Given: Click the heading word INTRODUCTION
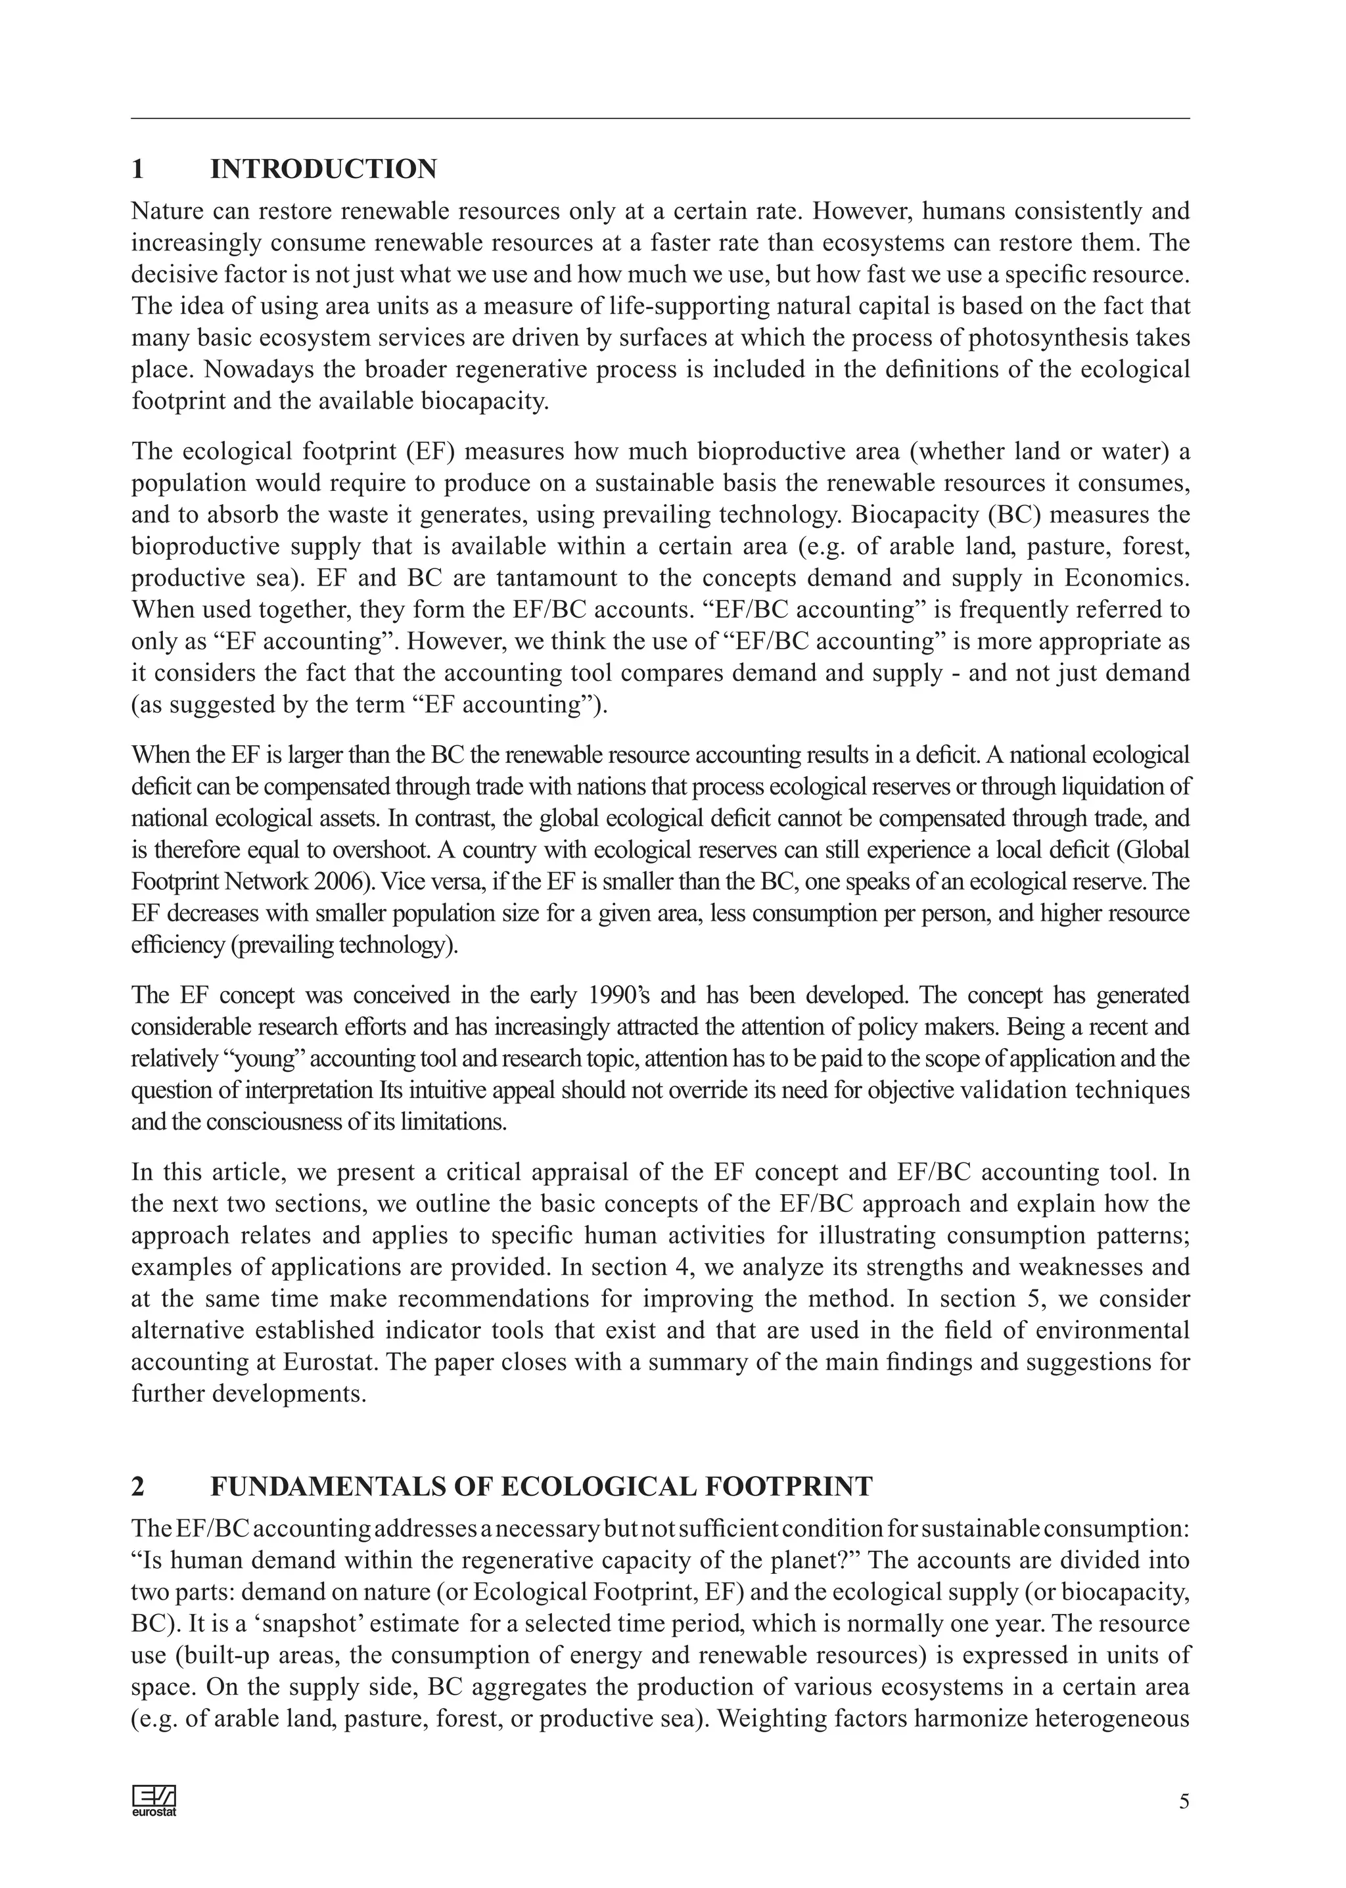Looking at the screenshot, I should (x=323, y=169).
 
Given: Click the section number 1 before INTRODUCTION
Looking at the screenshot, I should (x=139, y=169).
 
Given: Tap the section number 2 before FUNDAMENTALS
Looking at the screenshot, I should (x=139, y=1486).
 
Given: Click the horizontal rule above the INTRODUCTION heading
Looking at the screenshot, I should (x=660, y=118).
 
